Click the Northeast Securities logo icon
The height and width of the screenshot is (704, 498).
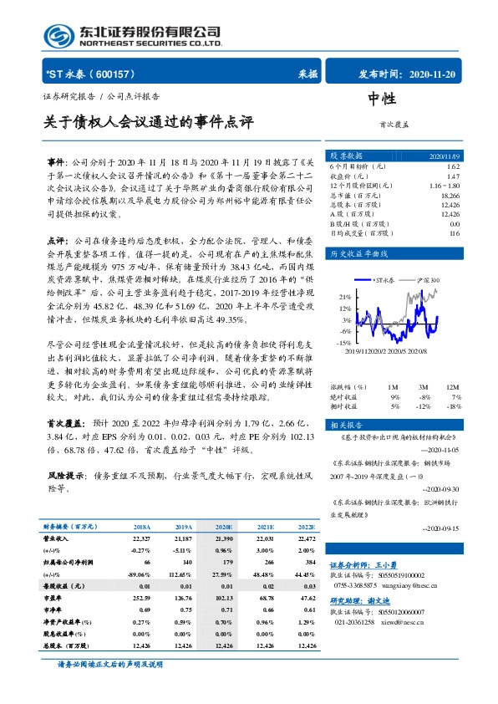coord(59,33)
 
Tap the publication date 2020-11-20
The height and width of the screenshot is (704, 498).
coord(434,74)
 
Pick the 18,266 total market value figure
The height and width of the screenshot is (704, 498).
coord(449,194)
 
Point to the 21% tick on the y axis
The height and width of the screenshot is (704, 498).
coord(345,297)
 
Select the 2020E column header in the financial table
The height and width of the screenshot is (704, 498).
coord(223,527)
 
